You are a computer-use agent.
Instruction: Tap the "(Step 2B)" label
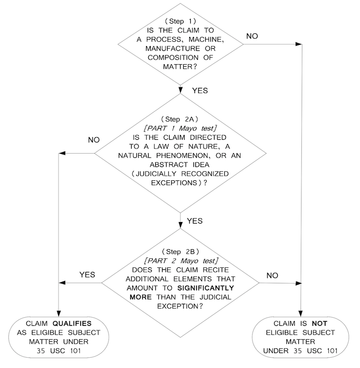180,251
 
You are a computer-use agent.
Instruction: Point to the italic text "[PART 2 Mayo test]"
180,261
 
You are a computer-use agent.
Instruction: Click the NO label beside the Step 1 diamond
253,36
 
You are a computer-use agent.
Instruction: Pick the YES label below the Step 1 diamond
200,90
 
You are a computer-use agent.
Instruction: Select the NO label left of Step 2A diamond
94,140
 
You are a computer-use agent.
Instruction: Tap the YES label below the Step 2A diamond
194,221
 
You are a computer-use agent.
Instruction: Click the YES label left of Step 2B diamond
88,274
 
